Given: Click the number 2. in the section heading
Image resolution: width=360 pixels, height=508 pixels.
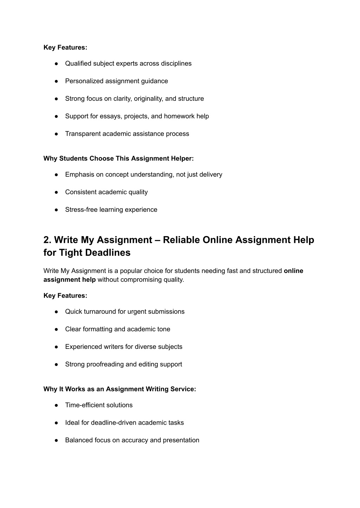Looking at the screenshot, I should coord(47,240).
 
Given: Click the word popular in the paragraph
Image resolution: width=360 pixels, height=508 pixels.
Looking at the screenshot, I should coord(132,271).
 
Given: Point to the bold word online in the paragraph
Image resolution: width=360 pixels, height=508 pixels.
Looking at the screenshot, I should coord(293,271).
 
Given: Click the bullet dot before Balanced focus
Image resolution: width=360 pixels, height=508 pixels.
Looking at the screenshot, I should coord(56,440).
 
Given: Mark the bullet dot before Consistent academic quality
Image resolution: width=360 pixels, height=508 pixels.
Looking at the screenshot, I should coord(56,192).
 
